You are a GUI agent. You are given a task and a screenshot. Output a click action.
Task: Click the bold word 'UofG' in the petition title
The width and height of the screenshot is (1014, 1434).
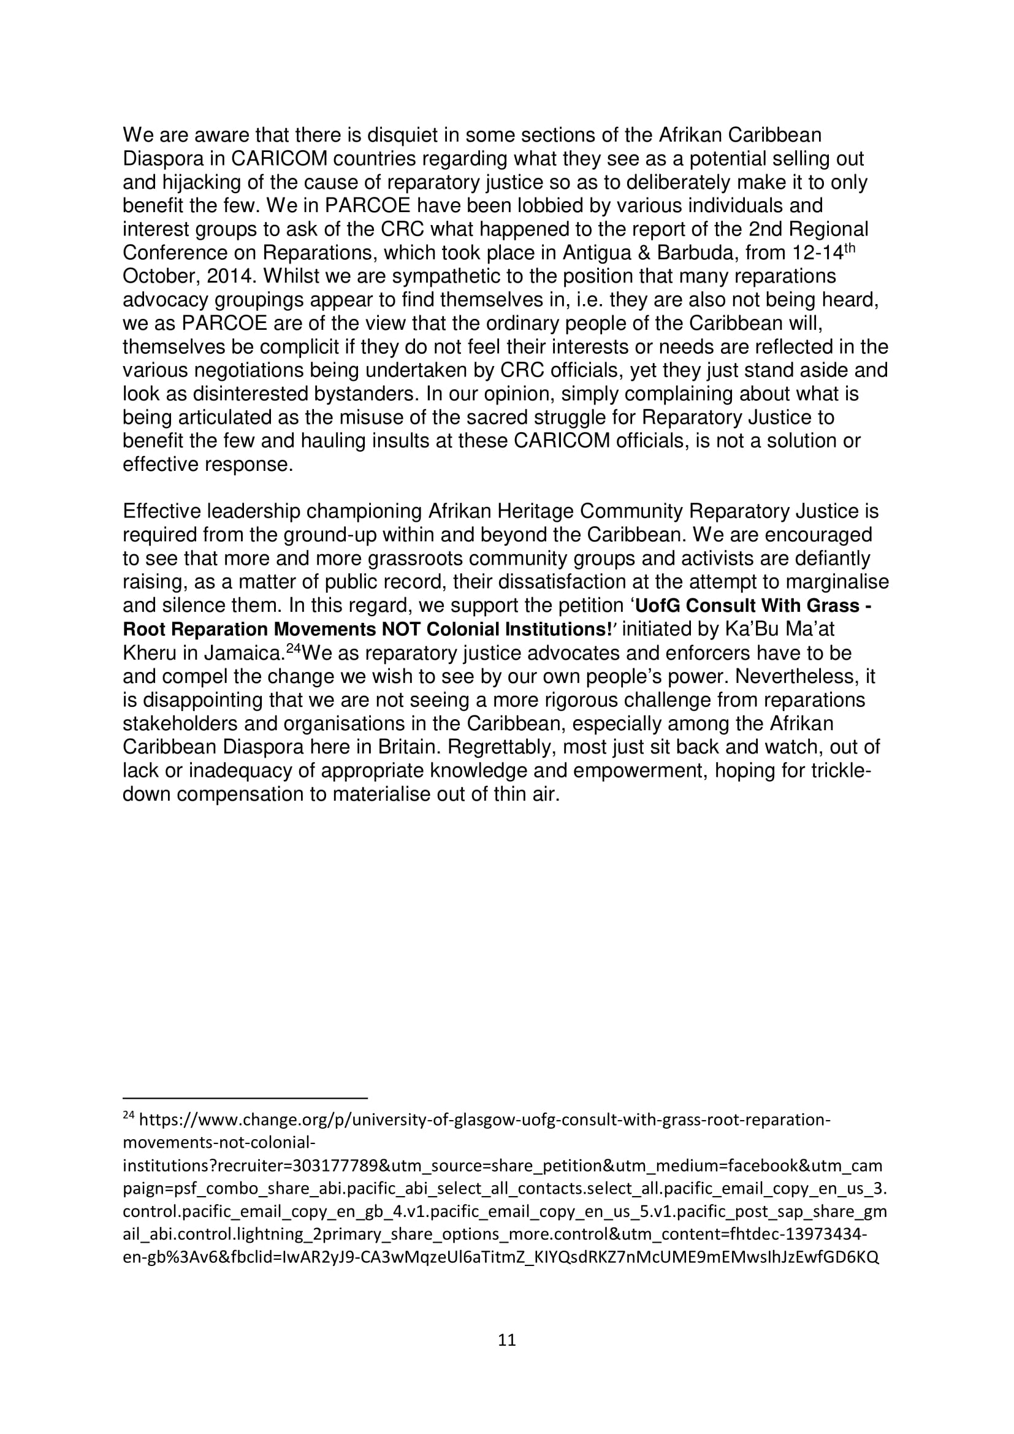click(x=657, y=606)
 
